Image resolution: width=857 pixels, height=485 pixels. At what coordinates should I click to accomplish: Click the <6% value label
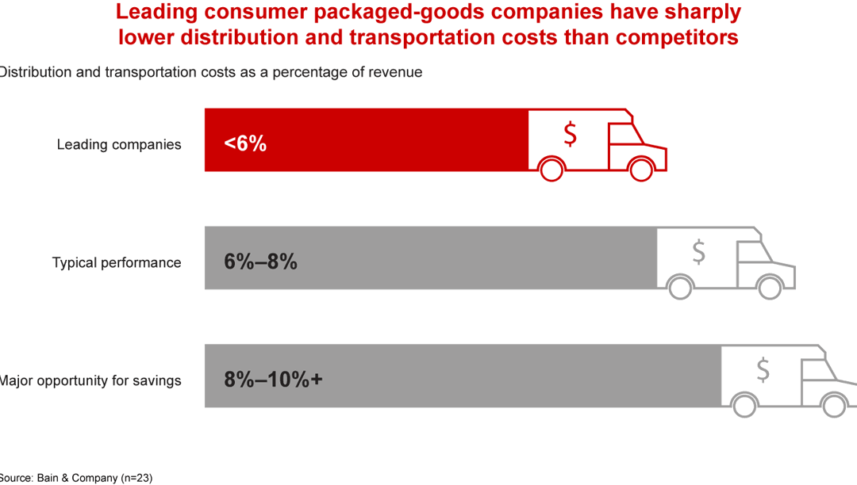click(x=245, y=143)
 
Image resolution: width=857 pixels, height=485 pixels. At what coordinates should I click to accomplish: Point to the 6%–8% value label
click(x=260, y=262)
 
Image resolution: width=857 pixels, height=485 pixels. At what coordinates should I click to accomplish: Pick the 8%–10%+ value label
click(x=273, y=380)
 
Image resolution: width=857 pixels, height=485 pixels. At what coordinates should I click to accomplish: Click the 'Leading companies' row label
click(x=119, y=144)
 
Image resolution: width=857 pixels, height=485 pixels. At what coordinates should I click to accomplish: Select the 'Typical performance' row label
click(x=117, y=262)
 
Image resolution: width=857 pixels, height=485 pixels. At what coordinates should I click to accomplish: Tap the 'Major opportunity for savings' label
click(x=90, y=380)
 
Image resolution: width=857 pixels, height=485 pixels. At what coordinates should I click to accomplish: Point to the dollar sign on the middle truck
click(x=698, y=251)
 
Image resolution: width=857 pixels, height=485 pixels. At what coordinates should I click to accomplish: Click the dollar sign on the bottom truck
click(x=763, y=369)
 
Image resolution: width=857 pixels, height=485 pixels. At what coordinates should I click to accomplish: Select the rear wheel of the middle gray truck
click(x=679, y=286)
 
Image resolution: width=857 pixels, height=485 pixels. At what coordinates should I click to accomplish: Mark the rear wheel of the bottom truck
click(x=744, y=404)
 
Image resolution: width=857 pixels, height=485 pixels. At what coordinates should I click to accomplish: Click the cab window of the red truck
click(x=626, y=134)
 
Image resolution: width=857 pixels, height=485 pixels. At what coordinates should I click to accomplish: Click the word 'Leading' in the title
click(x=154, y=12)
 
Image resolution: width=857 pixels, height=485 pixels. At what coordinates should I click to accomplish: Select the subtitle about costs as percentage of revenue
click(x=211, y=72)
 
